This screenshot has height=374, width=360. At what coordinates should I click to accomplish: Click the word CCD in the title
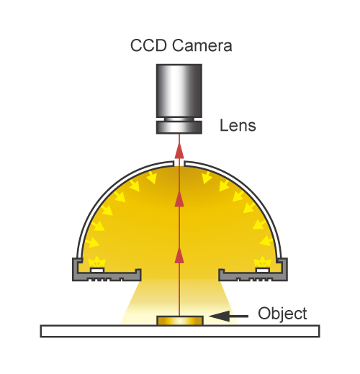coord(148,45)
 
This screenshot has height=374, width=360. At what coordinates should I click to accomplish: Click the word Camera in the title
coord(202,45)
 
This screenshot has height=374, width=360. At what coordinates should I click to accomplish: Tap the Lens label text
coord(238,125)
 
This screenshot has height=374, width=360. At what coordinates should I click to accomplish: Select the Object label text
coord(282,314)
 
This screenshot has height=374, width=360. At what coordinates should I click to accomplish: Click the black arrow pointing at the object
coord(228,316)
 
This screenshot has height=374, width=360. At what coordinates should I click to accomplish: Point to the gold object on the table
coord(180,321)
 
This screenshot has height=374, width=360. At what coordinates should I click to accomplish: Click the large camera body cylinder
coord(179,91)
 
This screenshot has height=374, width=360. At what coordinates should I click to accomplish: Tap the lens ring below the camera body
coord(179,127)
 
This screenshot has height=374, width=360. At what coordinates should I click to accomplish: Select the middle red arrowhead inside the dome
coord(179,199)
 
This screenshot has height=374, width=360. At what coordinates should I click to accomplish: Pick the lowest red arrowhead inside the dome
coord(179,255)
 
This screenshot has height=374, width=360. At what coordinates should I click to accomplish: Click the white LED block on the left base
coord(97,270)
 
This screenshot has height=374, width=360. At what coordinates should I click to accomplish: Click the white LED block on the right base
coord(263,270)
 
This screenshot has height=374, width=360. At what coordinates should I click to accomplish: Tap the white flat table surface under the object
coord(180,332)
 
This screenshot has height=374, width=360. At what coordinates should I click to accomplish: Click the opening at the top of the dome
coord(179,163)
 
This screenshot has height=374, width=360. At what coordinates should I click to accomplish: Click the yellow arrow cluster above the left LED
coord(97,262)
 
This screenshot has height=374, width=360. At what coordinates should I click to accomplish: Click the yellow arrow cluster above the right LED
coord(263,262)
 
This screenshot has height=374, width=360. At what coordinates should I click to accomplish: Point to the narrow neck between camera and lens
coord(179,119)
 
